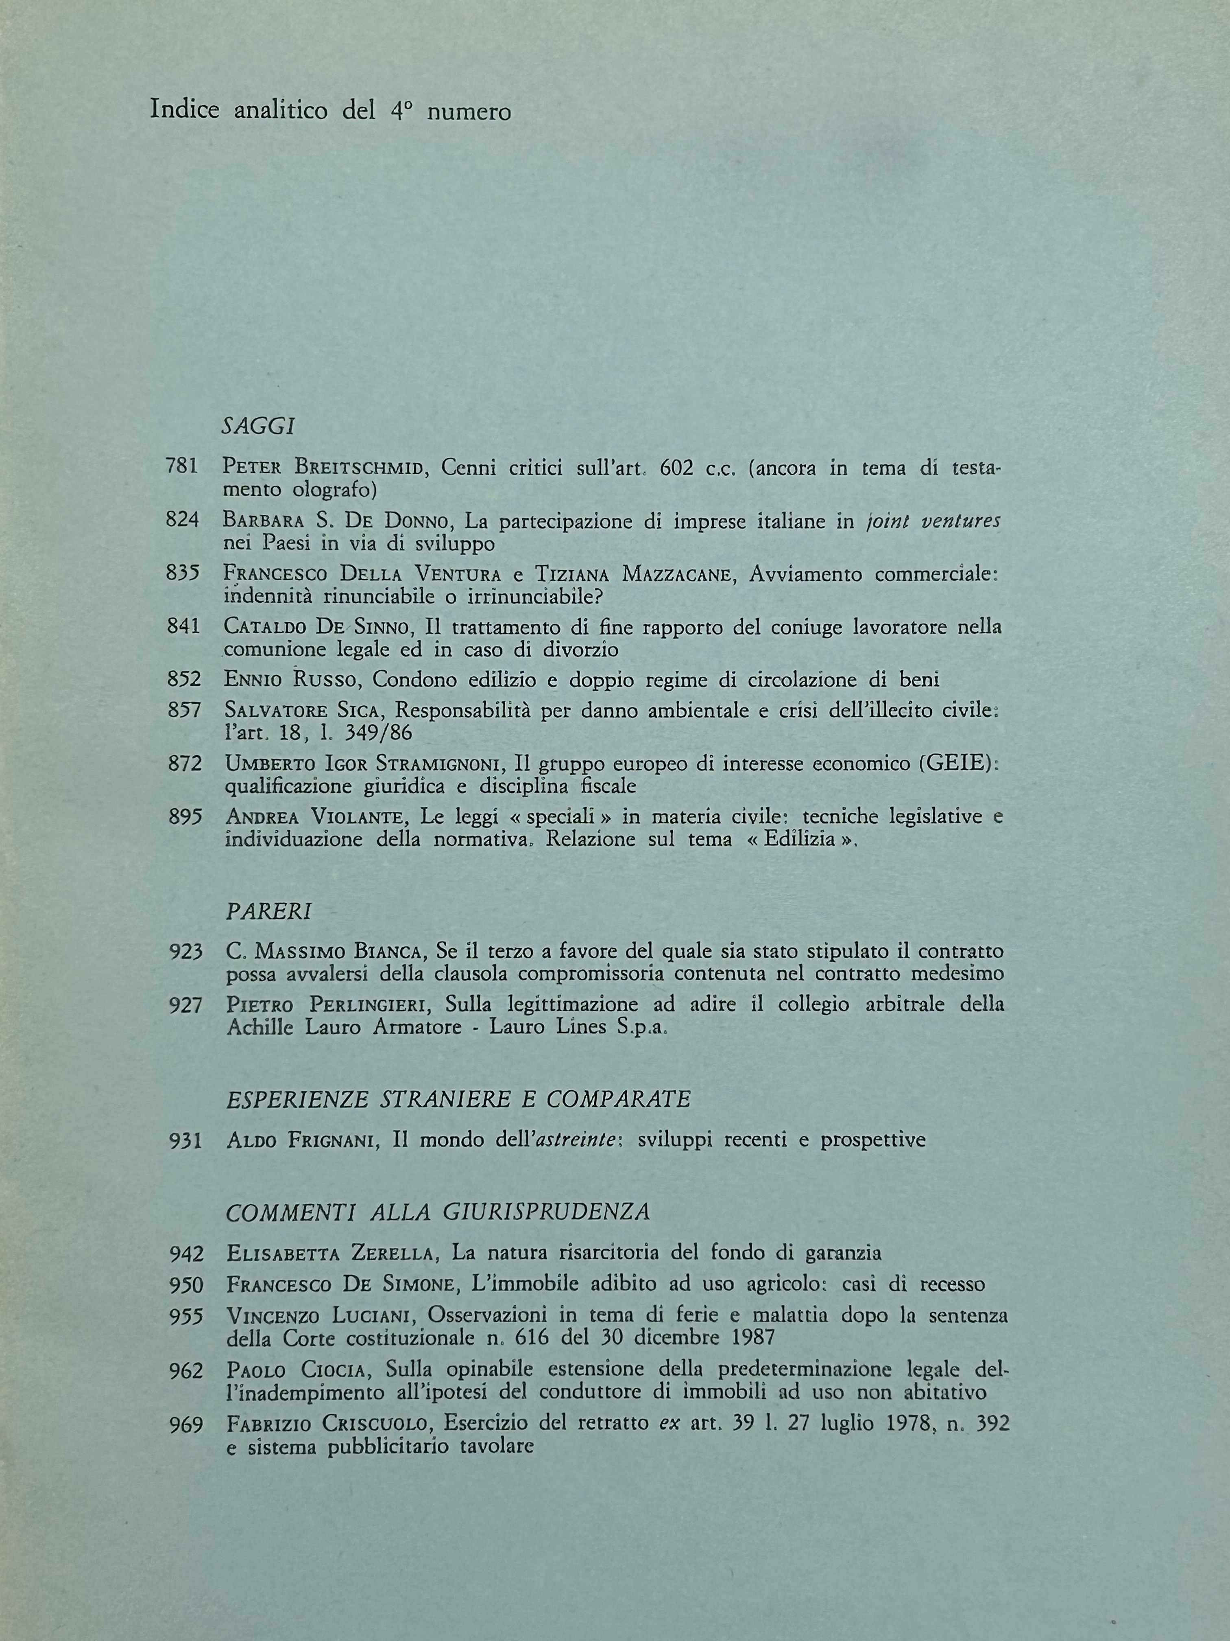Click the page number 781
(182, 467)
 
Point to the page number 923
(185, 952)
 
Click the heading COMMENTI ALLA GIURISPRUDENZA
(437, 1212)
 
